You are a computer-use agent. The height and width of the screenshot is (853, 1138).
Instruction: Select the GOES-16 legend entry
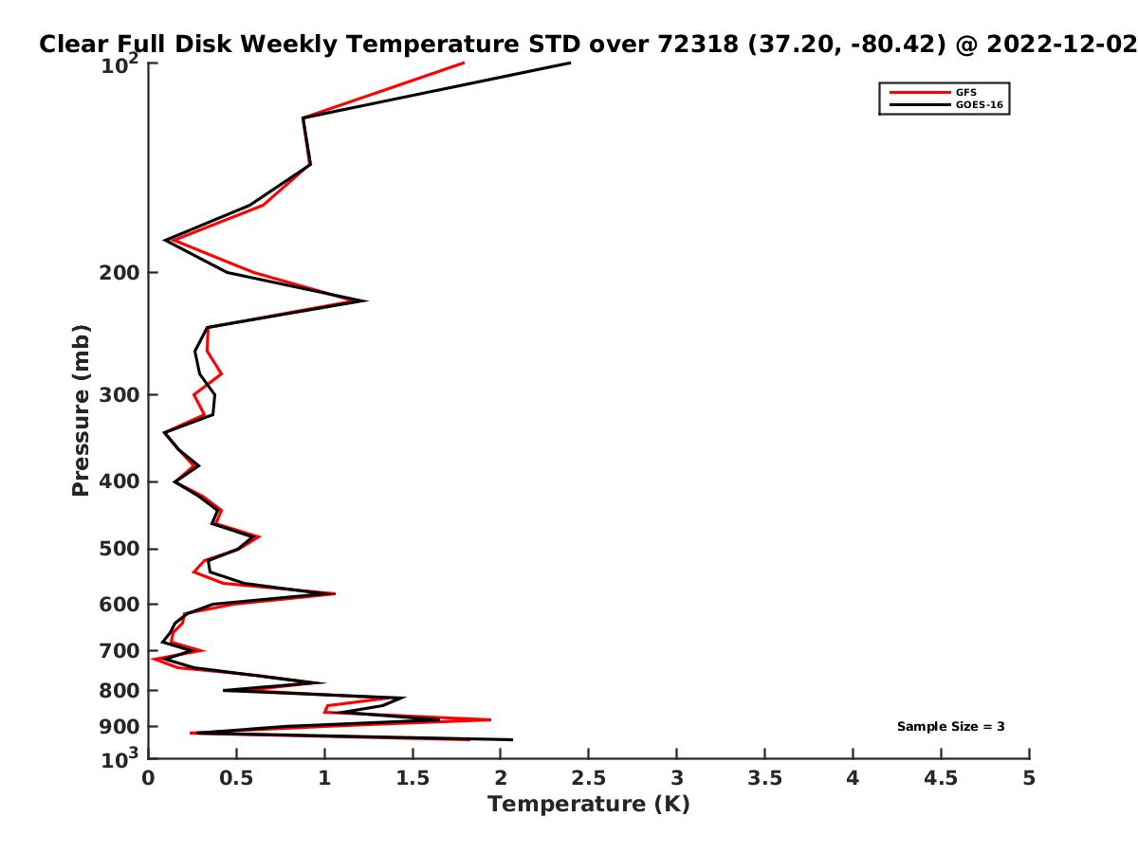[x=945, y=104]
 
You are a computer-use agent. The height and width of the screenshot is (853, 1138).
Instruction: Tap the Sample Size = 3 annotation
[x=950, y=726]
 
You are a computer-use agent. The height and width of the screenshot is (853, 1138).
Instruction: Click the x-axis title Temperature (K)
[x=589, y=804]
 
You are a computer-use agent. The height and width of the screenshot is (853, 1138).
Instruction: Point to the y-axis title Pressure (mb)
[x=81, y=410]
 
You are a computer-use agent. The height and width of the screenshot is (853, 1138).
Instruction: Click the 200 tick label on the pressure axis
[x=119, y=272]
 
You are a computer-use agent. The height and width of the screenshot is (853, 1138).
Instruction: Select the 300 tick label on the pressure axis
[x=119, y=394]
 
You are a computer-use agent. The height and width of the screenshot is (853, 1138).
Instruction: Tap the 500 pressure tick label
[x=119, y=549]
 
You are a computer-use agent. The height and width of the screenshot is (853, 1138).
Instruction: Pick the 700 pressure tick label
[x=119, y=650]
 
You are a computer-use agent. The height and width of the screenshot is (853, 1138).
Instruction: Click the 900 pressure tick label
[x=119, y=727]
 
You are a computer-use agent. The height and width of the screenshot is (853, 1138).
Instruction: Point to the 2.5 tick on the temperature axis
[x=589, y=778]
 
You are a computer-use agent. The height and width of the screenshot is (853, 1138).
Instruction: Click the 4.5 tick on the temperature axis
[x=941, y=778]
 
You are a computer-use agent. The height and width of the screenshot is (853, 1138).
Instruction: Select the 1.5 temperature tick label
[x=413, y=778]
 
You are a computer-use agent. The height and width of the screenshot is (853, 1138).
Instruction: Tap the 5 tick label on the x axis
[x=1029, y=778]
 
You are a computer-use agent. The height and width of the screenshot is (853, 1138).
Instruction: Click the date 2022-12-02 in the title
[x=1062, y=45]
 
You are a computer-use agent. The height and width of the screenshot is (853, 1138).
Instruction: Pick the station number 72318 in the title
[x=698, y=45]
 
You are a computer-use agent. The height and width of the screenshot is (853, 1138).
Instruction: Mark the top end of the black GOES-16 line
[x=570, y=64]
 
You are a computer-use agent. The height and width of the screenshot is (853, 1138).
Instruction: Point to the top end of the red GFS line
[x=464, y=63]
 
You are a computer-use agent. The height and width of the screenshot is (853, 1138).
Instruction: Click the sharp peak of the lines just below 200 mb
[x=367, y=300]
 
